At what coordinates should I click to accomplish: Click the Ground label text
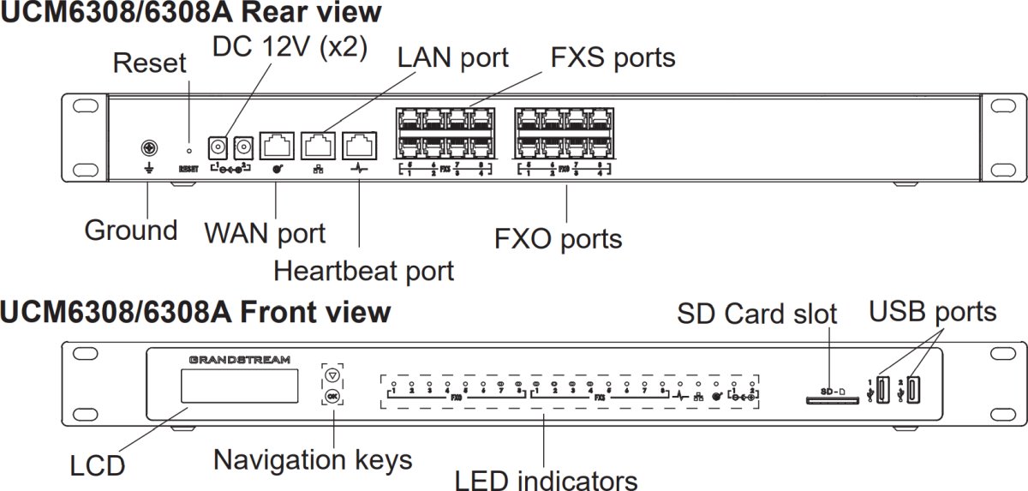pyautogui.click(x=130, y=230)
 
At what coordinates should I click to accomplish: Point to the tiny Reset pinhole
pyautogui.click(x=188, y=138)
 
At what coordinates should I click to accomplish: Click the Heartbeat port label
pyautogui.click(x=363, y=271)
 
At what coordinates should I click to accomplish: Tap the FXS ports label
pyautogui.click(x=612, y=57)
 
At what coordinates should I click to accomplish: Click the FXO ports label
pyautogui.click(x=558, y=238)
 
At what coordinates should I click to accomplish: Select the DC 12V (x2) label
pyautogui.click(x=290, y=46)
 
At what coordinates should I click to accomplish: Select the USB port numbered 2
pyautogui.click(x=914, y=390)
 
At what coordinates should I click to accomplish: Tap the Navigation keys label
pyautogui.click(x=313, y=459)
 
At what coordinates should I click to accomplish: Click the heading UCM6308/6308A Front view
pyautogui.click(x=195, y=312)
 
